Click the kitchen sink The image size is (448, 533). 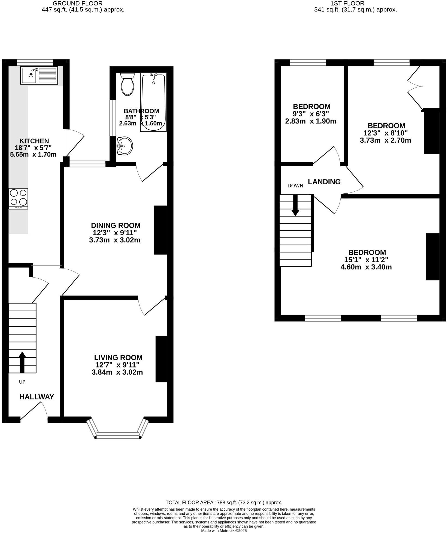click(39, 75)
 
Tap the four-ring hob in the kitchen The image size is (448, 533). click(19, 199)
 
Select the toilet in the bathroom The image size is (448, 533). click(127, 84)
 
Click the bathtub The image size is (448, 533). click(153, 102)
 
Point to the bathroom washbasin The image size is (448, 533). click(125, 146)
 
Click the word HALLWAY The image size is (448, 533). click(37, 397)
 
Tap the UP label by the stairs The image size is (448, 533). click(22, 382)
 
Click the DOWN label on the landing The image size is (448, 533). click(295, 186)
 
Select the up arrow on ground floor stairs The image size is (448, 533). click(22, 362)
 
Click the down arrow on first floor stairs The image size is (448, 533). click(295, 205)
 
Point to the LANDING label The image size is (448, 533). click(324, 182)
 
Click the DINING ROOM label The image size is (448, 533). click(116, 225)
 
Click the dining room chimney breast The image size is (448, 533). click(161, 230)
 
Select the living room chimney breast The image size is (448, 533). click(161, 359)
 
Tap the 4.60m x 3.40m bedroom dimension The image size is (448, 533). click(366, 267)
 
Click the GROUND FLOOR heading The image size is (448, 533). click(78, 4)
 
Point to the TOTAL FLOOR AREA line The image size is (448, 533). click(224, 502)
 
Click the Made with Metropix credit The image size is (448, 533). click(224, 531)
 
